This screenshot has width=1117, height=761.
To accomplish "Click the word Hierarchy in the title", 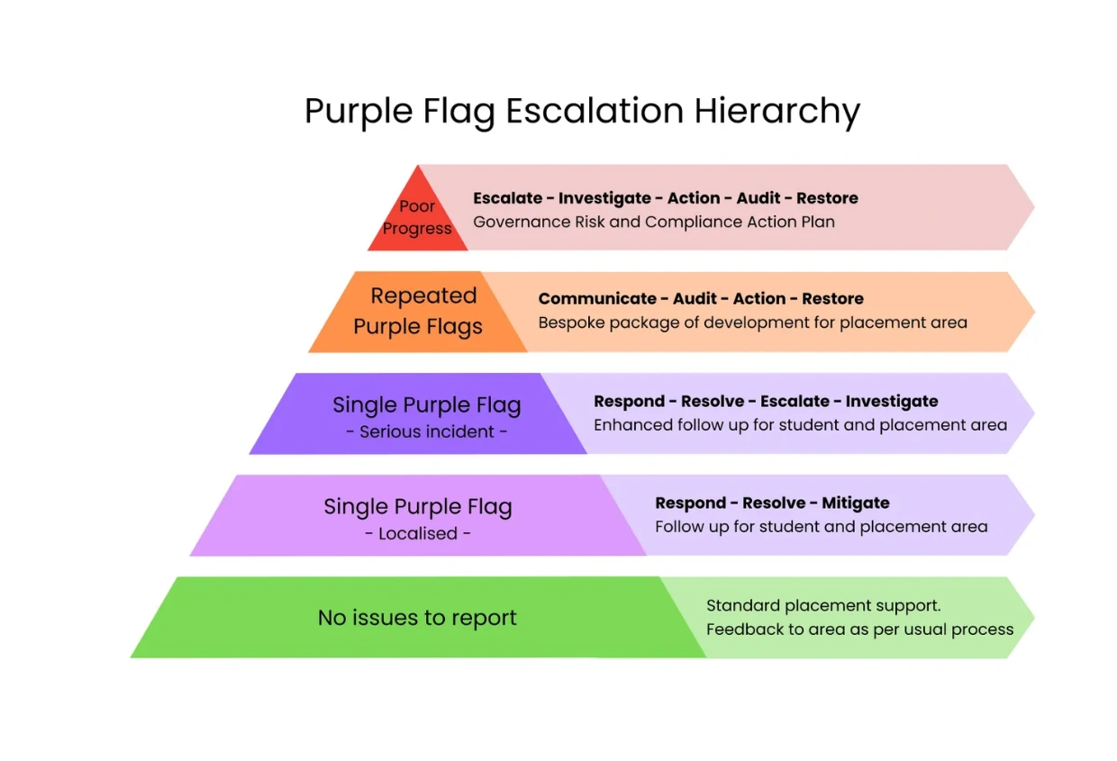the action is pos(776,111).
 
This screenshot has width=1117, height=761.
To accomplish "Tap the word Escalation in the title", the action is pos(595,110).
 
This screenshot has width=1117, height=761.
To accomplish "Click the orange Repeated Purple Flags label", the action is pos(418,312).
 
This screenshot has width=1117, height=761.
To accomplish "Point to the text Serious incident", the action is pos(427,432).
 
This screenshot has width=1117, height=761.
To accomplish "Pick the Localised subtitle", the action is pos(418,533).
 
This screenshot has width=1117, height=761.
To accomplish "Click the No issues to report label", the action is pos(417,618).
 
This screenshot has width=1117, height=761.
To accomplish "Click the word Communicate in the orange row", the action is pos(597,299).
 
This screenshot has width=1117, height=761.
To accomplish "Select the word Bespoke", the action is pos(571,323).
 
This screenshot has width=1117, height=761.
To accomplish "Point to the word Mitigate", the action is pos(855,503).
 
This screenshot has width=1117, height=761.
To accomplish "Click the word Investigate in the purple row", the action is pos(892,402).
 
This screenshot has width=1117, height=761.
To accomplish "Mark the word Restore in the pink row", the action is pos(827,198).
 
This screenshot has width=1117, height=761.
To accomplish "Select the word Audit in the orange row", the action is pos(695,299).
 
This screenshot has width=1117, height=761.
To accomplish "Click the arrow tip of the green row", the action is pos(1034,618).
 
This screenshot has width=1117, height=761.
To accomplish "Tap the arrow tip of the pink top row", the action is pos(1034,207).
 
